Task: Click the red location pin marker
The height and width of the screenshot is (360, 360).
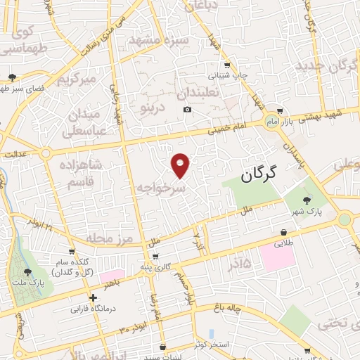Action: click(x=181, y=165)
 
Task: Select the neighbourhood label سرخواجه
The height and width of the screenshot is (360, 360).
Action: click(x=161, y=188)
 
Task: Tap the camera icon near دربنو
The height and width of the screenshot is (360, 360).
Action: click(x=187, y=110)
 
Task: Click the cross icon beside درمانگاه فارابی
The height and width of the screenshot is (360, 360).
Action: click(x=93, y=297)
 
